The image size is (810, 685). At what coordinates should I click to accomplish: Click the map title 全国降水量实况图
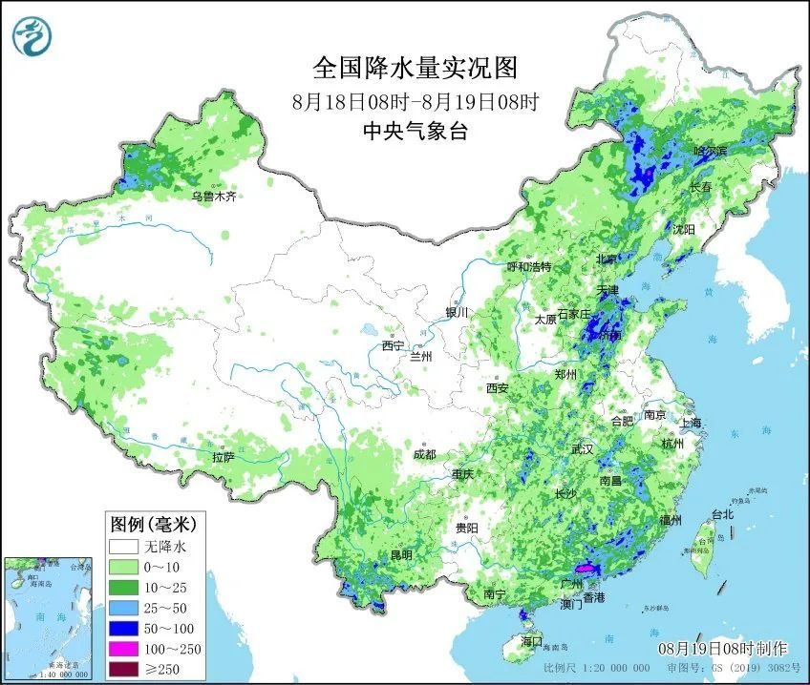click(415, 69)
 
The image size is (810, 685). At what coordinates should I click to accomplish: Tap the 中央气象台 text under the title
click(415, 132)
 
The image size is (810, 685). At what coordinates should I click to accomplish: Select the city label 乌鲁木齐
click(212, 197)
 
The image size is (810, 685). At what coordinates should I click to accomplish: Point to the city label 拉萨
click(223, 458)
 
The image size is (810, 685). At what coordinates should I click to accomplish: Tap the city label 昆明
click(400, 554)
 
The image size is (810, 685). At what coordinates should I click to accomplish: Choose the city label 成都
click(425, 454)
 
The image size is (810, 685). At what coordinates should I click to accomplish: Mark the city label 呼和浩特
click(528, 266)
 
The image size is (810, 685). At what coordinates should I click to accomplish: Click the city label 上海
click(690, 423)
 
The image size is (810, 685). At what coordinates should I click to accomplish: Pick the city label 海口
click(530, 640)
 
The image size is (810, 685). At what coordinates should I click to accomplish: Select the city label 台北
click(722, 514)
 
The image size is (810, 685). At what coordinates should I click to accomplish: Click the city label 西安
click(497, 388)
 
